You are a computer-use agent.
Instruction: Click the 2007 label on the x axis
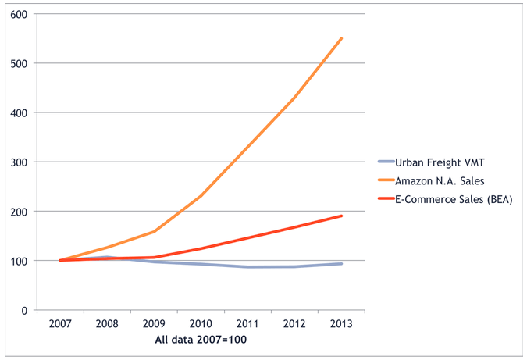[62, 325]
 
